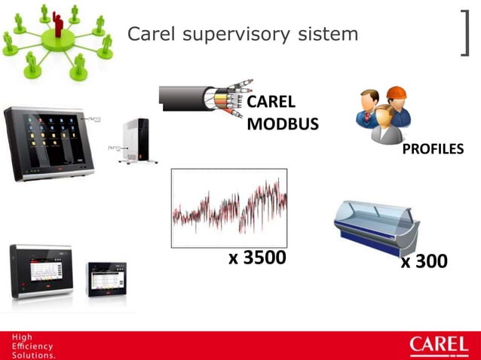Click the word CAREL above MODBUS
coord(271,102)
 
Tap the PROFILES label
coord(433,150)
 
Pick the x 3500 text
coord(257,258)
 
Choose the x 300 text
coord(424,261)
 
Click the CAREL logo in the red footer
coord(438,346)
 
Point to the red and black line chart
coord(229,208)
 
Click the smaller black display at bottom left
coord(107,278)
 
